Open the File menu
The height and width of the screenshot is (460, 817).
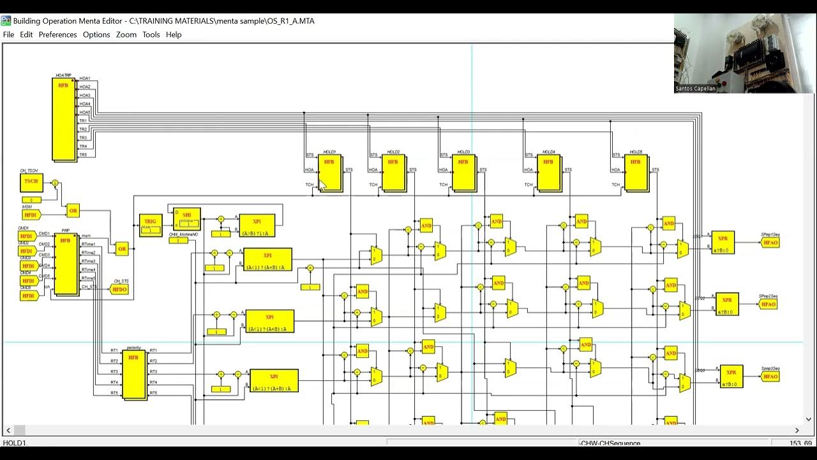8,34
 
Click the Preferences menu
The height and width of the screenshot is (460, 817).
57,34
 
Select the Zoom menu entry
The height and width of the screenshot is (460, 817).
126,34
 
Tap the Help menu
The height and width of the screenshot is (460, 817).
174,34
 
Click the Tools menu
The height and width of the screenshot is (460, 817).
151,34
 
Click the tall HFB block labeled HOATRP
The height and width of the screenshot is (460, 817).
64,119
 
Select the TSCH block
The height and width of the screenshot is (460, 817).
31,182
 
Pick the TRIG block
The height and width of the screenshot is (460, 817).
150,225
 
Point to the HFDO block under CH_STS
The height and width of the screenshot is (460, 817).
119,289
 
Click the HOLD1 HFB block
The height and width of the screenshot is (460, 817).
330,172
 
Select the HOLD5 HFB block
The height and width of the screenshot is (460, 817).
636,172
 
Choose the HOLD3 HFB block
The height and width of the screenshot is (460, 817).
463,172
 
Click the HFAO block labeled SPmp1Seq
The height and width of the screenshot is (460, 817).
770,243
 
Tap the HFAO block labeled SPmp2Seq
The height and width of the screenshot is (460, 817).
768,304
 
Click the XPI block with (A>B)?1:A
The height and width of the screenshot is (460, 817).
257,226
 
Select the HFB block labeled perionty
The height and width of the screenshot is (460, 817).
133,374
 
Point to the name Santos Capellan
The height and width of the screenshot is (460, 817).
695,89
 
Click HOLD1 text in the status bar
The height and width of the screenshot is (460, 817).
15,443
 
